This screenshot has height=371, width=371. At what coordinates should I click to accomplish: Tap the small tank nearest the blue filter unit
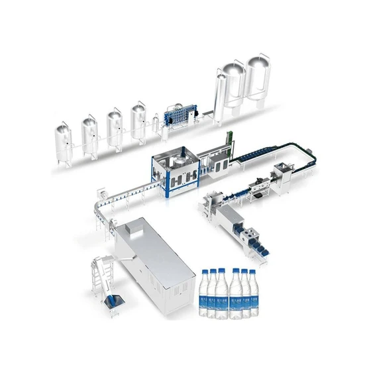pyautogui.click(x=138, y=123)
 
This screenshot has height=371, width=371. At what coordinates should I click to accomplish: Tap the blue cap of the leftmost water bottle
pyautogui.click(x=205, y=272)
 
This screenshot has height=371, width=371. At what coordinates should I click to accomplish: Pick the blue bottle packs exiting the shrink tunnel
pyautogui.click(x=260, y=244)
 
